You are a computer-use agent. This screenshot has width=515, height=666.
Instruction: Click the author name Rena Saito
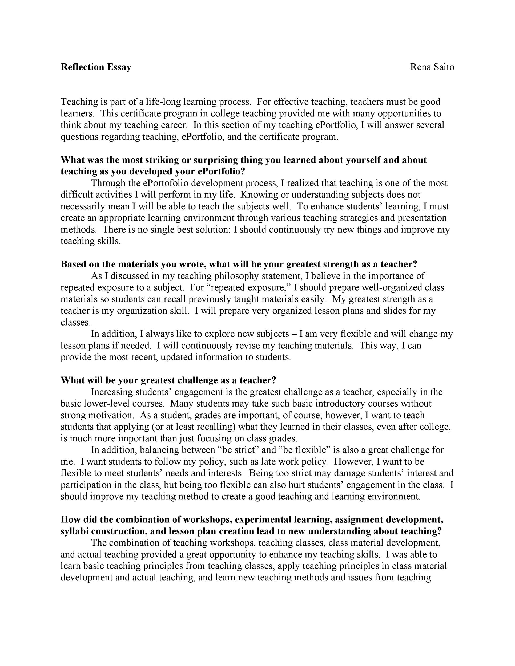pyautogui.click(x=432, y=67)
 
